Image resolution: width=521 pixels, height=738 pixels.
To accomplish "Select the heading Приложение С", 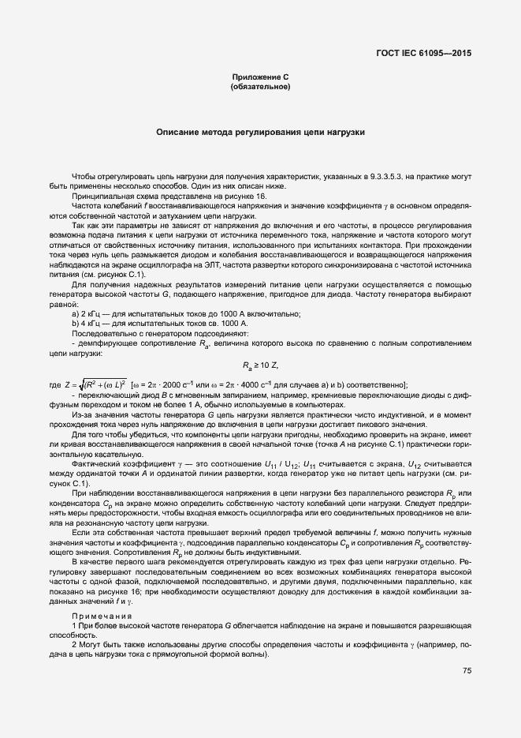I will pyautogui.click(x=260, y=77).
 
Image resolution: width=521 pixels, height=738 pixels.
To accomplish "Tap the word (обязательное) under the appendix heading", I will pyautogui.click(x=260, y=86).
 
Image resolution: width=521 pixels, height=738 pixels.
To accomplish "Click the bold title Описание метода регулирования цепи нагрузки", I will pyautogui.click(x=260, y=133).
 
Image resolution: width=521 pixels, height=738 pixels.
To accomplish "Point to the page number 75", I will pyautogui.click(x=467, y=670).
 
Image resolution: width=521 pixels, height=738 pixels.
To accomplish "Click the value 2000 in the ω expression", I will pyautogui.click(x=188, y=384).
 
